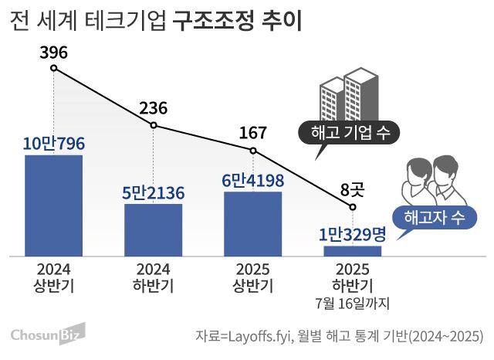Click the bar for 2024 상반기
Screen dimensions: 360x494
click(x=53, y=205)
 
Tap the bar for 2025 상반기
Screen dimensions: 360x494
click(x=253, y=223)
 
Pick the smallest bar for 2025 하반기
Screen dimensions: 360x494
click(x=353, y=251)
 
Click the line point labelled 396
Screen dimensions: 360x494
click(x=53, y=68)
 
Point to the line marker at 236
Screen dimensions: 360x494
click(x=154, y=125)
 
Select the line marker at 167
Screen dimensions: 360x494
click(x=253, y=150)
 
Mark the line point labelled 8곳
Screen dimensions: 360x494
click(x=353, y=207)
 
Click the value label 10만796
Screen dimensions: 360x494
click(x=53, y=144)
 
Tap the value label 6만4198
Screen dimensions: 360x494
click(x=253, y=181)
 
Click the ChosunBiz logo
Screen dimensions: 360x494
click(x=47, y=335)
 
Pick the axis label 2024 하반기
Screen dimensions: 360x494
click(x=153, y=277)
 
